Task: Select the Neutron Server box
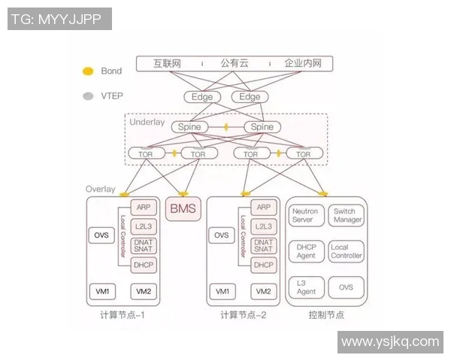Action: pyautogui.click(x=305, y=216)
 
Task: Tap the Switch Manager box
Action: pyautogui.click(x=347, y=216)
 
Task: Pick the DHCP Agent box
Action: pyautogui.click(x=305, y=251)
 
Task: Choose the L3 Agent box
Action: pyautogui.click(x=305, y=287)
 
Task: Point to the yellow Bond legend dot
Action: pyautogui.click(x=88, y=71)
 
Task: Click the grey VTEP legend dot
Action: pyautogui.click(x=88, y=96)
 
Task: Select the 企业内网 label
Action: pyautogui.click(x=303, y=64)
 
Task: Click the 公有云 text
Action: pyautogui.click(x=234, y=64)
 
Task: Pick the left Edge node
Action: pyautogui.click(x=201, y=97)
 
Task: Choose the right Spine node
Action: pyautogui.click(x=262, y=127)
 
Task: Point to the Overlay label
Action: pyautogui.click(x=101, y=190)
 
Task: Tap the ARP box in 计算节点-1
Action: pyautogui.click(x=143, y=208)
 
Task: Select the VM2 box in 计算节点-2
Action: pyautogui.click(x=263, y=291)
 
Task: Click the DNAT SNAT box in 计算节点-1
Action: pyautogui.click(x=143, y=245)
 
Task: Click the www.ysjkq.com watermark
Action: pyautogui.click(x=389, y=342)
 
